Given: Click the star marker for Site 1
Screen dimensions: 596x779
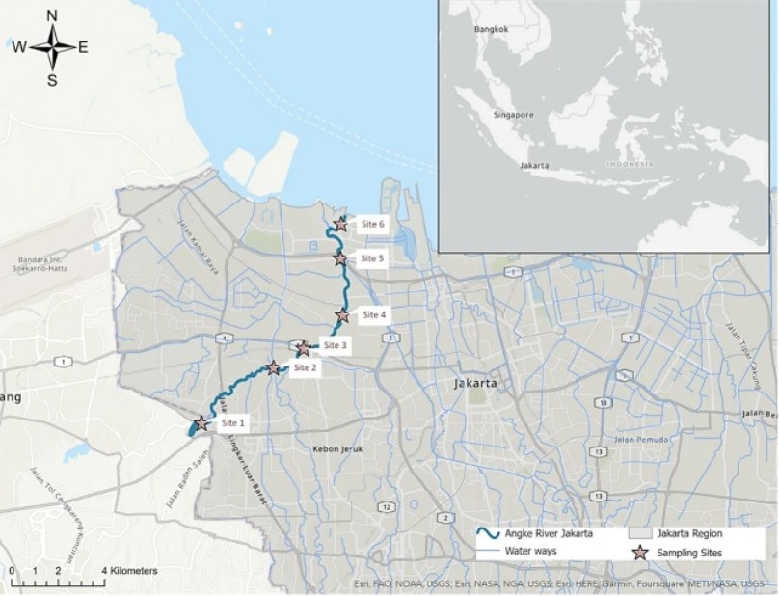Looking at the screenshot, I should coord(201,423).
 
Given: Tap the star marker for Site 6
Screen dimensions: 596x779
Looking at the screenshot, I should coord(340,225).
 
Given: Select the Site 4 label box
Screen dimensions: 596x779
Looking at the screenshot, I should coord(374,314).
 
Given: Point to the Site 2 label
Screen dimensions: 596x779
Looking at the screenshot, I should coord(305,366).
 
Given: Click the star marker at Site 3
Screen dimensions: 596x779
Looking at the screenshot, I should coord(304,348).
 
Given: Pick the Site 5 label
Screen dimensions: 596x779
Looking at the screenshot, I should coord(372,258).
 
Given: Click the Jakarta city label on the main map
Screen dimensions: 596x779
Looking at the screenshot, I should coord(475,383).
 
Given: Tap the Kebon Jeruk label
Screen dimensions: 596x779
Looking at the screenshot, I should coord(336,449).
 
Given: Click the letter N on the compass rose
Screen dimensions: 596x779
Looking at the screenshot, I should coord(52,15).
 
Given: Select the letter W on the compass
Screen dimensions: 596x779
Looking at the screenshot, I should coord(19,47).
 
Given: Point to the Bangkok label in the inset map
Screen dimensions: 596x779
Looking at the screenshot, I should coord(490,30).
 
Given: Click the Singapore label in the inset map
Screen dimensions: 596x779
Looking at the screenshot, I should coord(513,115).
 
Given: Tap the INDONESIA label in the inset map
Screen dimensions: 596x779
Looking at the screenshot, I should coord(631,164).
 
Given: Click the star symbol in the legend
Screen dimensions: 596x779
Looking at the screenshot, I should coord(639,553).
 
